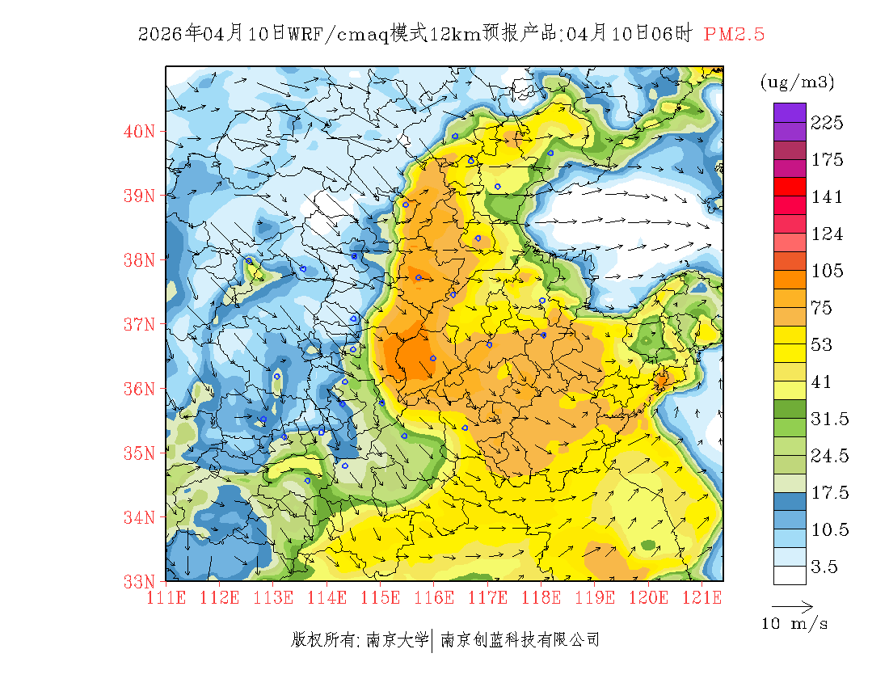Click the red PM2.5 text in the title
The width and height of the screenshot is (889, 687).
pyautogui.click(x=734, y=34)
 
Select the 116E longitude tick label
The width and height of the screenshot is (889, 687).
pyautogui.click(x=433, y=598)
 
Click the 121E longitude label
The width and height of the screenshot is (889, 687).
pyautogui.click(x=701, y=598)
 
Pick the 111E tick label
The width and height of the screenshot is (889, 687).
pyautogui.click(x=166, y=598)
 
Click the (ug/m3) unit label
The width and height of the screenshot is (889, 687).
pyautogui.click(x=797, y=82)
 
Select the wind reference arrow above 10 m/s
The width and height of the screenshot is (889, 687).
pyautogui.click(x=792, y=606)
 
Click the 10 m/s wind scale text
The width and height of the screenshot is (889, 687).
pyautogui.click(x=795, y=624)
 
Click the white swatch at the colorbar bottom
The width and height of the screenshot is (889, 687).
pyautogui.click(x=790, y=575)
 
